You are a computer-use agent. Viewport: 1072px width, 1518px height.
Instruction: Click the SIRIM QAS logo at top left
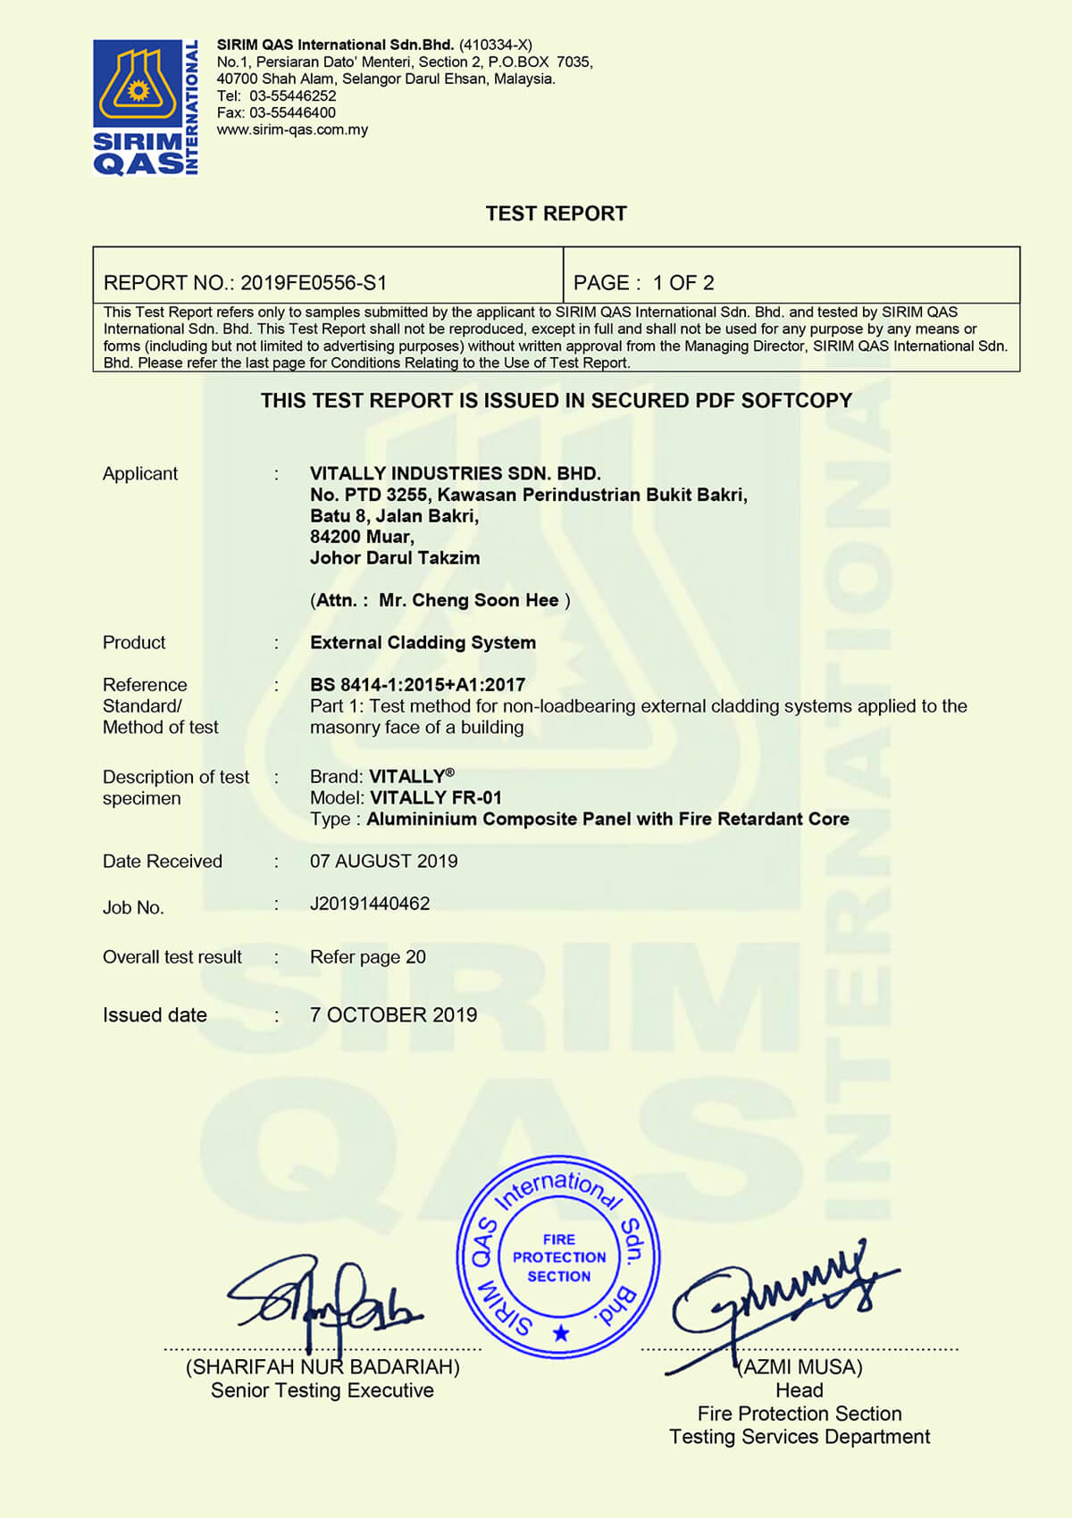tap(146, 107)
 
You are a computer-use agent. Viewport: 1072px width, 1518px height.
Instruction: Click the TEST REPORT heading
tap(556, 213)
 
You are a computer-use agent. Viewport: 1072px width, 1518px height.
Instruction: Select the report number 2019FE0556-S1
tap(314, 283)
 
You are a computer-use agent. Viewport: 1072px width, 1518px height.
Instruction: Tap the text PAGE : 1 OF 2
tap(643, 283)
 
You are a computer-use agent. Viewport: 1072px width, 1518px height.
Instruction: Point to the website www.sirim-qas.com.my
tap(292, 129)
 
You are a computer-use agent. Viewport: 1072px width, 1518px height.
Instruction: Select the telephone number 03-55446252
tap(292, 96)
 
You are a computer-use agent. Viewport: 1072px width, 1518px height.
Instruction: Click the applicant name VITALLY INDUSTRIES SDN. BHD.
tap(455, 473)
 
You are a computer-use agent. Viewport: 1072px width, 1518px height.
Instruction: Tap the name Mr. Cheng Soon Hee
tap(468, 600)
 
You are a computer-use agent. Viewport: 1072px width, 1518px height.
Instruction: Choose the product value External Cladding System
tap(423, 642)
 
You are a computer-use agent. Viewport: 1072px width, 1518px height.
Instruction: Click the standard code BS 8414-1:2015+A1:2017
tap(417, 685)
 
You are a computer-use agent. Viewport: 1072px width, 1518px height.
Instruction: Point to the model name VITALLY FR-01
tap(436, 797)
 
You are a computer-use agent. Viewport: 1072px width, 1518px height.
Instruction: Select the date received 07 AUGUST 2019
tap(383, 861)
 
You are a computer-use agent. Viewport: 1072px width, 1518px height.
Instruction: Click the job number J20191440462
tap(370, 904)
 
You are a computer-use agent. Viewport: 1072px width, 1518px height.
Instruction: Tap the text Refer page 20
tap(367, 957)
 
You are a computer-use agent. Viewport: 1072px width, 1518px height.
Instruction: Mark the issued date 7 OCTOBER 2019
tap(393, 1015)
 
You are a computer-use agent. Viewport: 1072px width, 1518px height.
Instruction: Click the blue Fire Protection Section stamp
tap(558, 1256)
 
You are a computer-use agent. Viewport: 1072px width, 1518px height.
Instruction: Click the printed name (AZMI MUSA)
tap(800, 1367)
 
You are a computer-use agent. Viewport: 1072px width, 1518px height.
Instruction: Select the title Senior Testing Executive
tap(322, 1390)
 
